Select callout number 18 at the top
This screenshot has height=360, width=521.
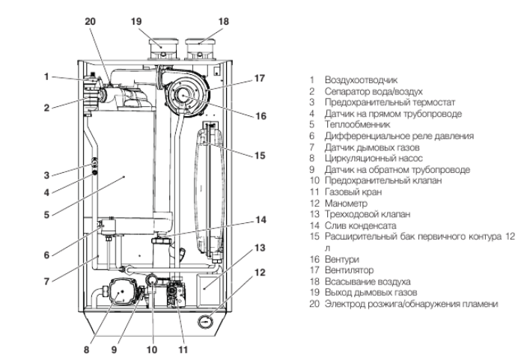(x=202, y=22)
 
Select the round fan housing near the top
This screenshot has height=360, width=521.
(x=186, y=94)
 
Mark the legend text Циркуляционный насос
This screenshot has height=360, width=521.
(x=364, y=158)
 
